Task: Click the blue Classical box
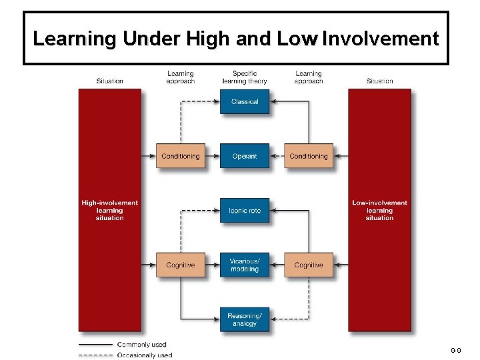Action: click(245, 102)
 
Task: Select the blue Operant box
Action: click(245, 156)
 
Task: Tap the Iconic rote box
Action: click(245, 211)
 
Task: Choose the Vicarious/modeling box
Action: click(245, 265)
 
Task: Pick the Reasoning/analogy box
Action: click(245, 319)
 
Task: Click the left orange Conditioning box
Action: click(181, 156)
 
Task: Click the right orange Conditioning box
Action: click(309, 156)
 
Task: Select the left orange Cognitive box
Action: click(181, 265)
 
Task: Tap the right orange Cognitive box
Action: click(309, 265)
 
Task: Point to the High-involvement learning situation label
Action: click(110, 210)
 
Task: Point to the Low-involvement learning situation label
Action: click(379, 210)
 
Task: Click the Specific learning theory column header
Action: click(245, 77)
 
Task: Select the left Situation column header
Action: click(110, 81)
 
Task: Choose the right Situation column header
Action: click(379, 81)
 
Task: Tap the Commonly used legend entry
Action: click(141, 345)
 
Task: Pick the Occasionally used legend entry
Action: click(145, 355)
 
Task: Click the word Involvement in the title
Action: click(380, 39)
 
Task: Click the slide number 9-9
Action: click(455, 349)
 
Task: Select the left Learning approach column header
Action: click(181, 77)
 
